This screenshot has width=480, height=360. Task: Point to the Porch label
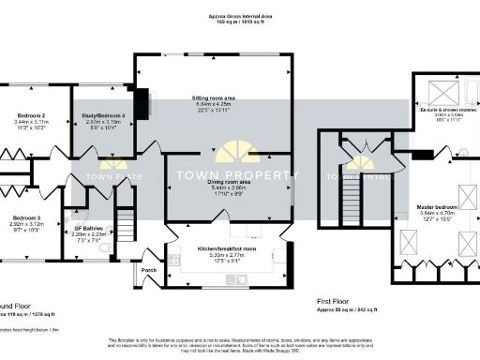coord(149,270)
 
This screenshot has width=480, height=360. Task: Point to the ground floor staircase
coord(127,226)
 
